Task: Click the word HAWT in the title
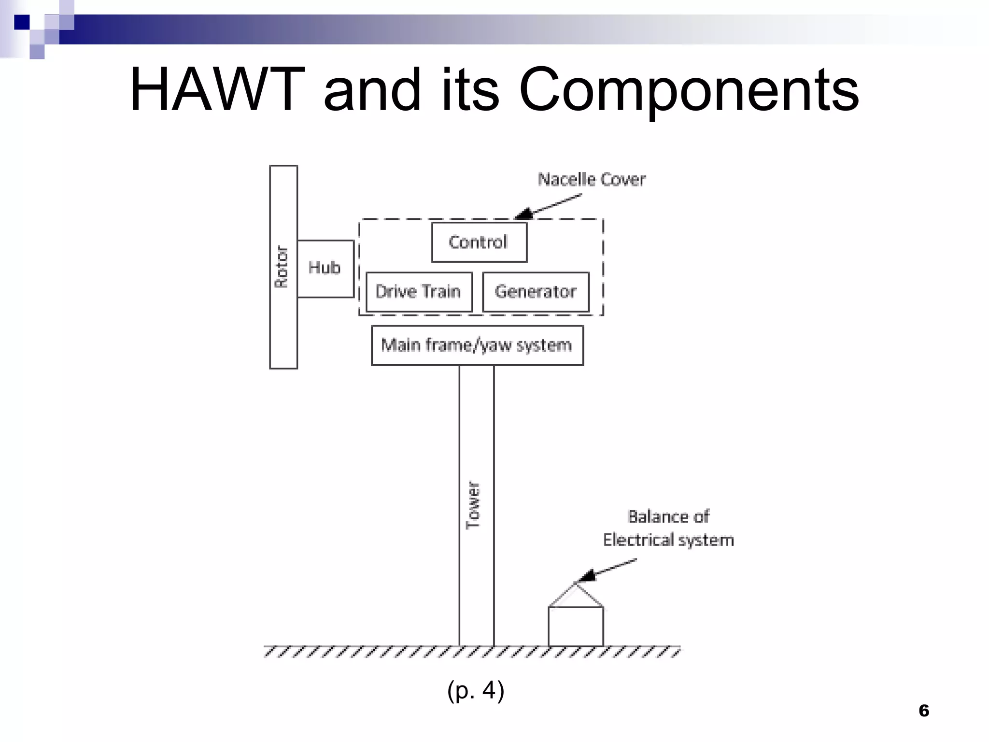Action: pos(217,90)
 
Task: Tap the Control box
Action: pos(479,242)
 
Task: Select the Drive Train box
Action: pos(419,292)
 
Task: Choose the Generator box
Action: pos(536,292)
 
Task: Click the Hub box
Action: pos(325,268)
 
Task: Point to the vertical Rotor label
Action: pos(282,267)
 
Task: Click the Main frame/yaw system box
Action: pos(477,345)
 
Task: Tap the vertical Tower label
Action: pos(474,505)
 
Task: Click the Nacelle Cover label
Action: pos(592,180)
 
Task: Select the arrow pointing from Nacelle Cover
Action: pos(548,206)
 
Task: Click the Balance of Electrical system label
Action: pos(668,528)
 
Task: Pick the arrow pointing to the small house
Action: pos(607,570)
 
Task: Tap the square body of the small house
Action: pos(576,626)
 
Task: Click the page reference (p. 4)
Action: pos(476,690)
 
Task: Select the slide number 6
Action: pos(924,711)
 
